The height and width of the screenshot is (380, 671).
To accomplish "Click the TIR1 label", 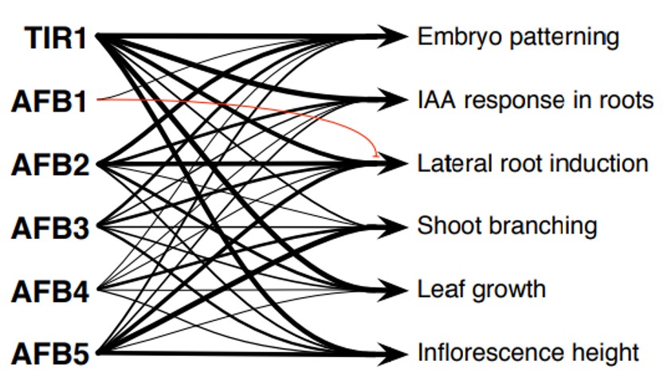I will click(x=54, y=38).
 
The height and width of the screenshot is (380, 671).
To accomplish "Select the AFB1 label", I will click(x=49, y=102).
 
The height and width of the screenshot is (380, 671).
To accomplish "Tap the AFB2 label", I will click(x=49, y=166).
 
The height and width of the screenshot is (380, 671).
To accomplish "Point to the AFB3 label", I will click(x=49, y=229).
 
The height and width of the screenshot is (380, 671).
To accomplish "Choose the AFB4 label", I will click(x=49, y=292).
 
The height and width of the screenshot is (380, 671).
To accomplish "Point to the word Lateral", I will click(x=447, y=163).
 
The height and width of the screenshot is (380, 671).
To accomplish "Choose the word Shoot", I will click(x=443, y=226).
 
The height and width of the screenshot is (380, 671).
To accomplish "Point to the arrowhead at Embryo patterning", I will click(x=394, y=36).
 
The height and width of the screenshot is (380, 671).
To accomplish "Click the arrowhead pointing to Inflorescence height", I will click(x=394, y=353).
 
